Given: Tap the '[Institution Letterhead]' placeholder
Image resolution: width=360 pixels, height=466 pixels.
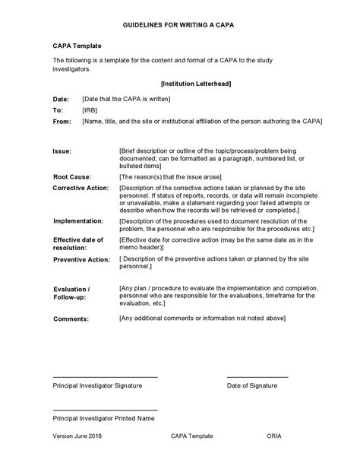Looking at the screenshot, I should [196, 84].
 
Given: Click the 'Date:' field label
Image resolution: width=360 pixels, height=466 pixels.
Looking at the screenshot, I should [60, 99].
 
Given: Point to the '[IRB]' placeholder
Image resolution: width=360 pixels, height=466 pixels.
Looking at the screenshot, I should [90, 109].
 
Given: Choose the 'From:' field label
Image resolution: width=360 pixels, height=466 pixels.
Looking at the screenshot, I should [62, 121].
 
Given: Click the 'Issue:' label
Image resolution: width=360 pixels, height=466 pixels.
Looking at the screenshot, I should [62, 151].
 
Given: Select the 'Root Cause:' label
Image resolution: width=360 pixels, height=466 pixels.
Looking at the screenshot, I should [73, 176].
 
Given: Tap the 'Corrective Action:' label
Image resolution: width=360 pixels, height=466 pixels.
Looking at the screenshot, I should [81, 187].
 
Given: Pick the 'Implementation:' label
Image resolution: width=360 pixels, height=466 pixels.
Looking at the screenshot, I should [78, 220].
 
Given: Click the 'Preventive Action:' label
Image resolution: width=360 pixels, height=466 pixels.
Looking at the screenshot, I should [81, 259].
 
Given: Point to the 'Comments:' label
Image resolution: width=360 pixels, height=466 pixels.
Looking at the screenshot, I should [71, 319].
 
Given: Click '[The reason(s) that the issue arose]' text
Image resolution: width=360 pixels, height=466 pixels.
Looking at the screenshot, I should [175, 176].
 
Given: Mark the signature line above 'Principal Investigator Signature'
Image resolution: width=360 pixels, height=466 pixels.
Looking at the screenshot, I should [105, 376].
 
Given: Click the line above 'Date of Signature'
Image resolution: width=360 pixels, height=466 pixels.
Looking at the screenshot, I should [257, 376].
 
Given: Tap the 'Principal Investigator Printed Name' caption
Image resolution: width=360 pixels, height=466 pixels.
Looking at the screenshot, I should [104, 418].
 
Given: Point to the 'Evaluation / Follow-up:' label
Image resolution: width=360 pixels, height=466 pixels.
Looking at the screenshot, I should [71, 293].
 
